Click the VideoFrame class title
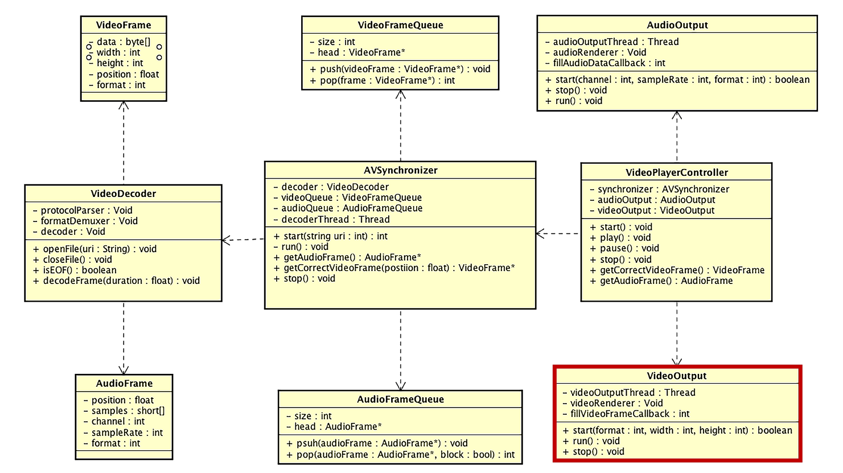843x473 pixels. click(x=123, y=25)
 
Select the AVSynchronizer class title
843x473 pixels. click(x=400, y=170)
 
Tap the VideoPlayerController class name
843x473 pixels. click(x=677, y=172)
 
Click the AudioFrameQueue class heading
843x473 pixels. click(x=400, y=399)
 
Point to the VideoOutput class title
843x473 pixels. click(x=677, y=376)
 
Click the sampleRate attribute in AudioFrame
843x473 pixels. click(x=126, y=433)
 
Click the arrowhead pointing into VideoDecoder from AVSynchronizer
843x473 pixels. click(x=225, y=240)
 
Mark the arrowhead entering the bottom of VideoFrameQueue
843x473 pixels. click(x=400, y=93)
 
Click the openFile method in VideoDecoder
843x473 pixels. click(x=99, y=249)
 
